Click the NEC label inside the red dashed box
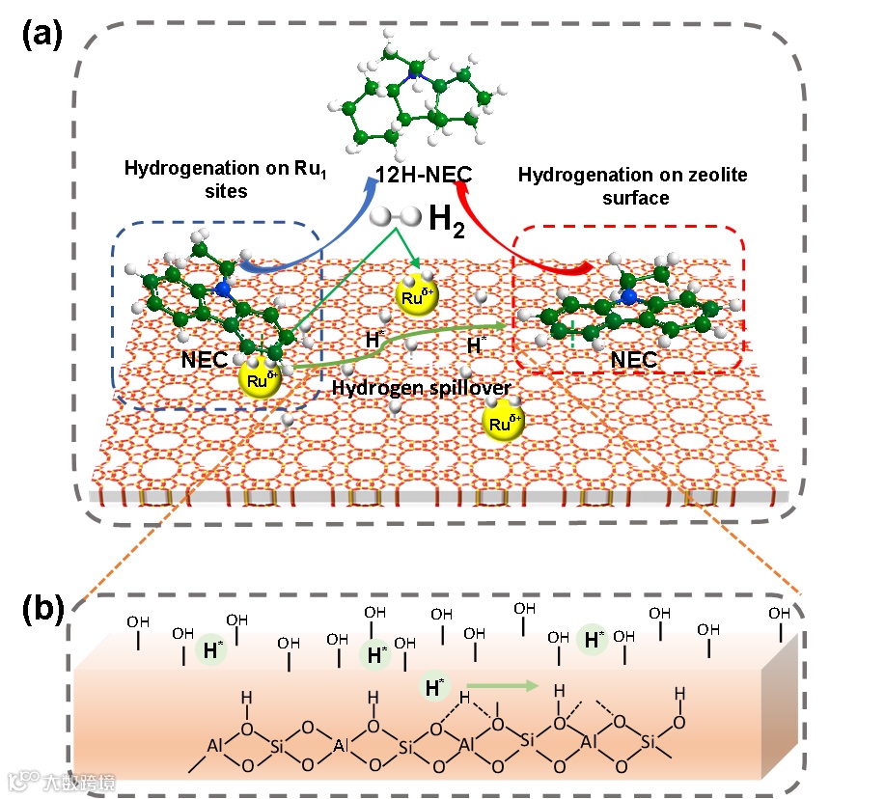click(x=634, y=360)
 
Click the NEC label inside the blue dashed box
click(x=205, y=360)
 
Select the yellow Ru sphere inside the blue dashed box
click(x=260, y=378)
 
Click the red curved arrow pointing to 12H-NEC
click(x=502, y=232)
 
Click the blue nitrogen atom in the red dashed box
click(x=630, y=298)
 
